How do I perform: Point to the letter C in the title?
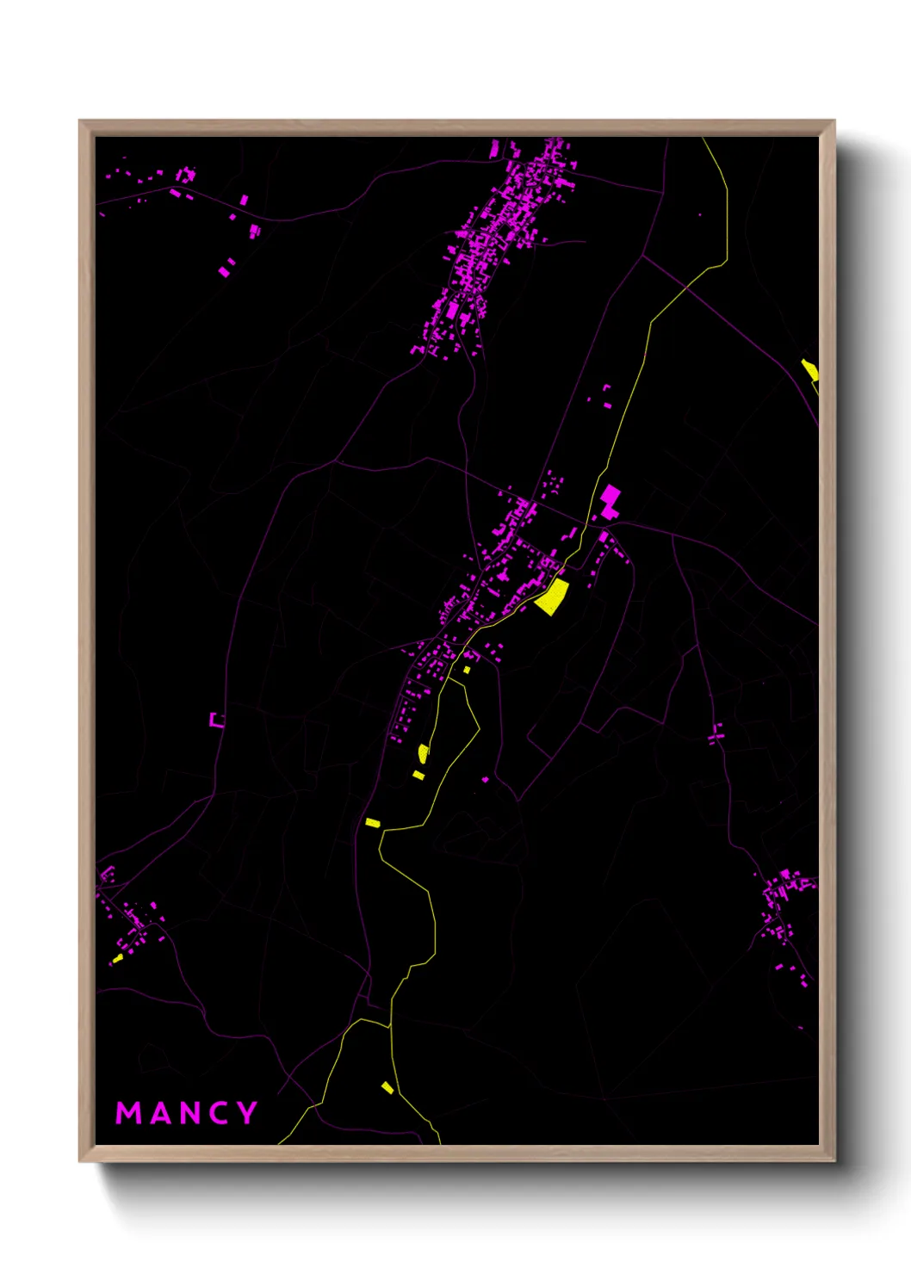pyautogui.click(x=219, y=1113)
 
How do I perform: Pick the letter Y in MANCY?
pyautogui.click(x=247, y=1113)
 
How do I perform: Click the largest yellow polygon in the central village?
pyautogui.click(x=553, y=597)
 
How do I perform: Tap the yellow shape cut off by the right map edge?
pyautogui.click(x=810, y=371)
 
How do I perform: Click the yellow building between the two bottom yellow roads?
pyautogui.click(x=387, y=1087)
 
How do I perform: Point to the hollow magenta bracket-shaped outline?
pyautogui.click(x=217, y=720)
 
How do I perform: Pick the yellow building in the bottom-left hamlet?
pyautogui.click(x=118, y=957)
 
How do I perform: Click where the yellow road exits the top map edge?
pyautogui.click(x=703, y=139)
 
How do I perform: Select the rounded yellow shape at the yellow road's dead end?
pyautogui.click(x=423, y=753)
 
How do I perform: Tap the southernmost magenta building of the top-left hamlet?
pyautogui.click(x=224, y=271)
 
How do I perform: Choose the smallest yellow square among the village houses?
pyautogui.click(x=467, y=670)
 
